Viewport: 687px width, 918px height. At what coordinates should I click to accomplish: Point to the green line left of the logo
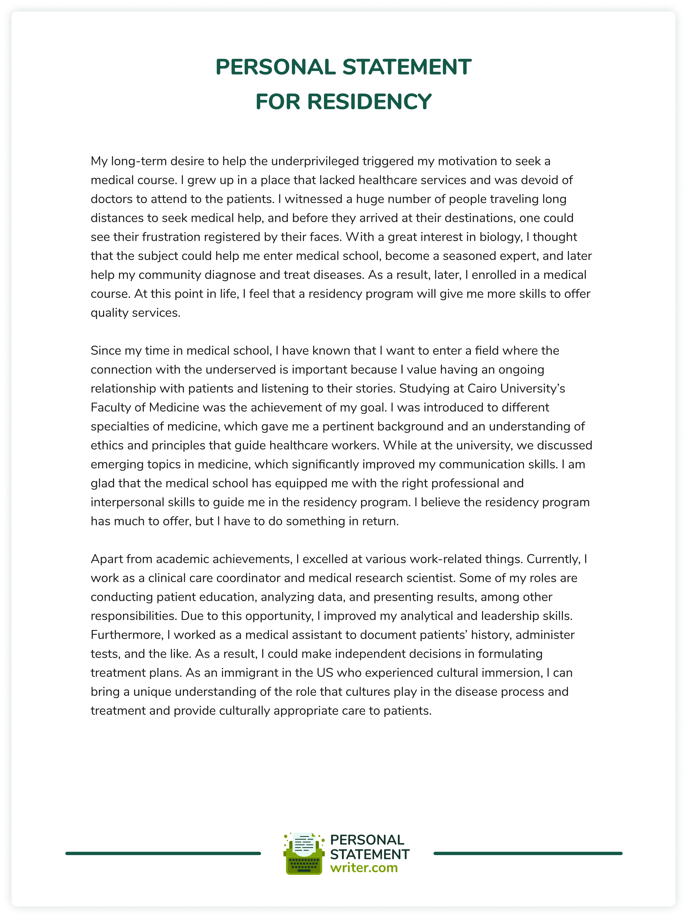163,854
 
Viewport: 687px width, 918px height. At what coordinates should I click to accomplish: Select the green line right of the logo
528,854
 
